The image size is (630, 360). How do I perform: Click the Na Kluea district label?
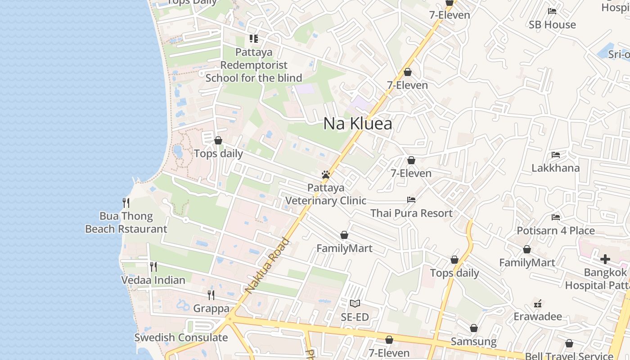point(358,124)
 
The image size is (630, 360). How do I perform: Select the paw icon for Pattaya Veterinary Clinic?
point(326,175)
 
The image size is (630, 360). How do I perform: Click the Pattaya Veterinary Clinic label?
point(326,194)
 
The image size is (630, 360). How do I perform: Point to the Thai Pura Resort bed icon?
point(411,199)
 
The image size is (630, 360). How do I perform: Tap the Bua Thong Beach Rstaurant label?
point(126,222)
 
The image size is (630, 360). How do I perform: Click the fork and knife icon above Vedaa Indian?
point(153,267)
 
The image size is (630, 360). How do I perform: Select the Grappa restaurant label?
point(211,309)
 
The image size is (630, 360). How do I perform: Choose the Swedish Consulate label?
point(181,337)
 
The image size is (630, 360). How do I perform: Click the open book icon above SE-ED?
point(355,304)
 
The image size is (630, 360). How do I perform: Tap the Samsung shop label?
point(473,342)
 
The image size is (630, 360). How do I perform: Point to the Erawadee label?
point(538,316)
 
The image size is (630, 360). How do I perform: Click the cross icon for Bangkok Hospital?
point(605,259)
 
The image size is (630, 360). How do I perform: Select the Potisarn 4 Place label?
point(556,231)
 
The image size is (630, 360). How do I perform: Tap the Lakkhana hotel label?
point(556,168)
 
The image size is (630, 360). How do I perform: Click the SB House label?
point(552,25)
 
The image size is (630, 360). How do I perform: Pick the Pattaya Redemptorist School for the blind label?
point(254,65)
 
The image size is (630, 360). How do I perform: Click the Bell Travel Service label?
point(569,355)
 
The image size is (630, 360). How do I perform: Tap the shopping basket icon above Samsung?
point(473,328)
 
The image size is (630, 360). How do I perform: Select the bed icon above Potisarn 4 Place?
point(556,217)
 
